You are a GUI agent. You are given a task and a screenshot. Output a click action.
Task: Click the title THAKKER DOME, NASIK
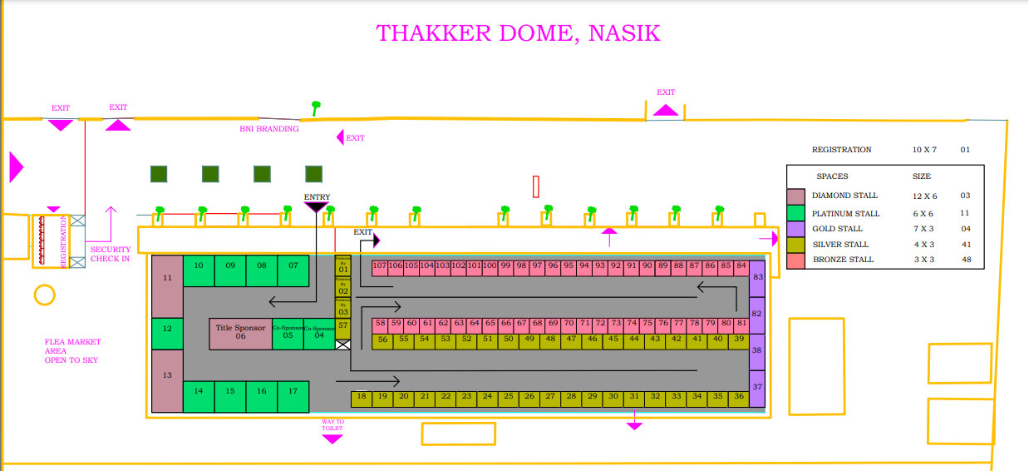pos(518,33)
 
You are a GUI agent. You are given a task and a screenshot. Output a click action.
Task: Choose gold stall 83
pos(757,276)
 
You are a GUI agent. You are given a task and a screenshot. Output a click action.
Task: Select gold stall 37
pos(757,387)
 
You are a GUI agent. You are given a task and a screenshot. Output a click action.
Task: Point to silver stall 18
pos(361,397)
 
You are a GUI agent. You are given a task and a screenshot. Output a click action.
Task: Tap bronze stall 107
pos(380,266)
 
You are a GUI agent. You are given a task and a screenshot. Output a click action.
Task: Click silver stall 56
pos(382,340)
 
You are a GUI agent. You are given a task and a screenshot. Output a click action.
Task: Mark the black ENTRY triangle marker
pos(316,206)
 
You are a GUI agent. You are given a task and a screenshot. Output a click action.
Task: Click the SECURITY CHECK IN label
pos(111,254)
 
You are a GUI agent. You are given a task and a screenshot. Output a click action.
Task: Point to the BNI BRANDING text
pos(268,129)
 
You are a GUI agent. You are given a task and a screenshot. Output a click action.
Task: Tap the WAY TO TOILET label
pos(332,425)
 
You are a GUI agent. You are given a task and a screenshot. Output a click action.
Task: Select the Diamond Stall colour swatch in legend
pos(796,196)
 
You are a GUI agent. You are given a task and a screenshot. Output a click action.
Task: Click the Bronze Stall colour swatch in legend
pos(796,260)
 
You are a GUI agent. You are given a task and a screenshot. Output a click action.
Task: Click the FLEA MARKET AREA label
pos(73,351)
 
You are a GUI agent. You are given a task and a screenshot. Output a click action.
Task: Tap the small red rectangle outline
pos(537,186)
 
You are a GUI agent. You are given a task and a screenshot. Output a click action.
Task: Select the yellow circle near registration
pos(44,295)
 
